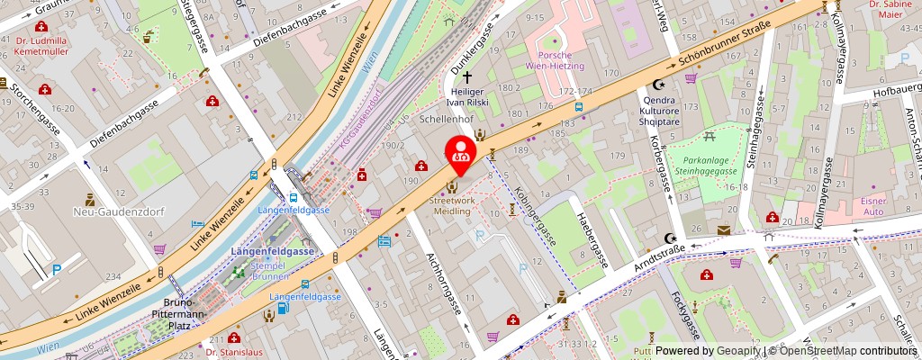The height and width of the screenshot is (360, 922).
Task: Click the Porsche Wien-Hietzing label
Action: (555, 59)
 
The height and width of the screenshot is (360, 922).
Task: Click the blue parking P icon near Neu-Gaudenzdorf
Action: (57, 268)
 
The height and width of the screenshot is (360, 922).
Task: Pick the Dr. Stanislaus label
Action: (234, 352)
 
